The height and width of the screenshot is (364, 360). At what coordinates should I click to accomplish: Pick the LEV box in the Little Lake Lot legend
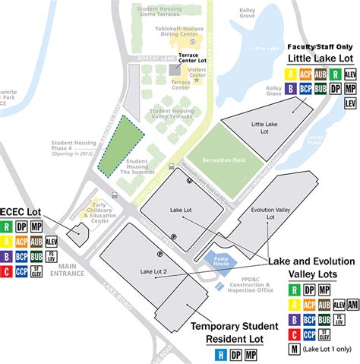point(350,101)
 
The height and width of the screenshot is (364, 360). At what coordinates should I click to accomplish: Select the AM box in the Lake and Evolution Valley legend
point(350,303)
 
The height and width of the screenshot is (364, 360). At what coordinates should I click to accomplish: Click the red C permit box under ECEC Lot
point(7,270)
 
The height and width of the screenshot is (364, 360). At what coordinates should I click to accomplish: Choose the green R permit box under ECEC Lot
point(7,226)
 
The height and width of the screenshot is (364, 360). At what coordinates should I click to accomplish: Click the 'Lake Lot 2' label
point(153,271)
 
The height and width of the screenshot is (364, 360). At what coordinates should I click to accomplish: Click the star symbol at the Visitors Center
point(197,81)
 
